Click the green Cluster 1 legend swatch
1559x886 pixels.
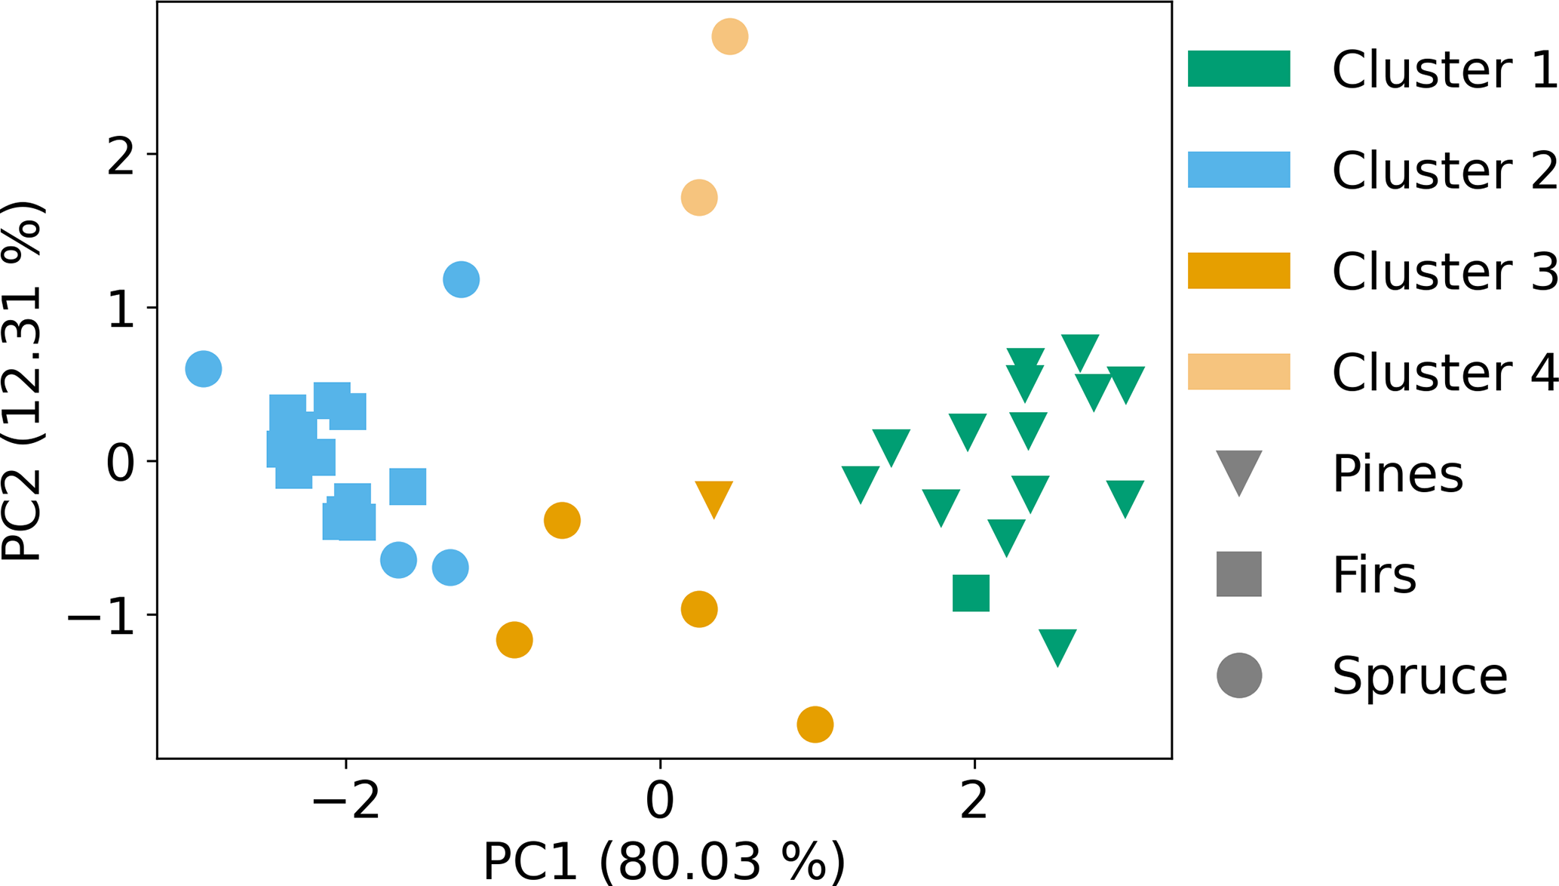(1238, 69)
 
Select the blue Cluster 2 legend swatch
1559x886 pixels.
(1238, 170)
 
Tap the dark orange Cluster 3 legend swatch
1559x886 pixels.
(1238, 271)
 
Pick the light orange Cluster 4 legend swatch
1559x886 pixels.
(1238, 371)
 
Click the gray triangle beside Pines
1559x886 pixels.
(1238, 470)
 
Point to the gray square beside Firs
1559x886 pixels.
(1238, 574)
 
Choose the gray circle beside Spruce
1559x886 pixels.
(1238, 675)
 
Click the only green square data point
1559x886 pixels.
(971, 593)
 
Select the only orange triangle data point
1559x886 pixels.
(714, 497)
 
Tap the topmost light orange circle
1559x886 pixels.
(729, 36)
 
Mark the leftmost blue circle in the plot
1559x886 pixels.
(204, 369)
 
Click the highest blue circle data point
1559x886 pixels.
(461, 279)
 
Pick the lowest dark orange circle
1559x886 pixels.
(815, 724)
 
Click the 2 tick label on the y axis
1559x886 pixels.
(121, 156)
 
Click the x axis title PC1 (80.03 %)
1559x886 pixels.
(664, 861)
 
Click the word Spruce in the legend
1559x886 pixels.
(1419, 675)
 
